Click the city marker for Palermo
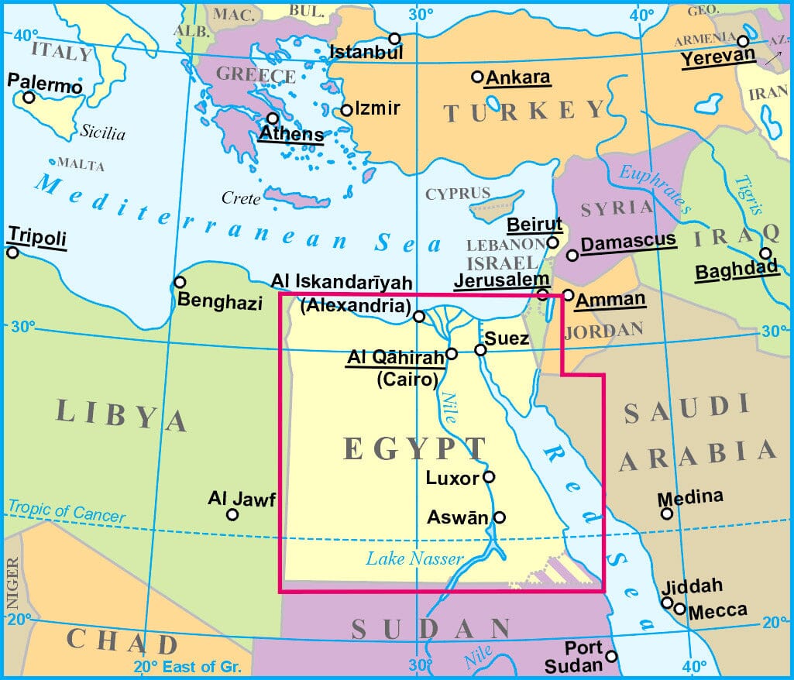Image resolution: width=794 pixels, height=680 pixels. coord(29,97)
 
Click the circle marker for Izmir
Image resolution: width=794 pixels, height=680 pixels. coord(346,110)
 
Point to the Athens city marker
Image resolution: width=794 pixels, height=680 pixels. coord(273,118)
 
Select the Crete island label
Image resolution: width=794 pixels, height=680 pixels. coord(241,199)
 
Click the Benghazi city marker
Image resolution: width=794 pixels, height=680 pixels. coord(180,282)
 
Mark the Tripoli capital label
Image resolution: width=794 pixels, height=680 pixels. coord(36,236)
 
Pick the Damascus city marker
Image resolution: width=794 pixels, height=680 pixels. coord(572,255)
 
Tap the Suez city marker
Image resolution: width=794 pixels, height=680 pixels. coord(480,350)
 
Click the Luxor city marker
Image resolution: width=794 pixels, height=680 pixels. coord(489,476)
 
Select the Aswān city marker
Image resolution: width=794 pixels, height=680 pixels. coord(500,517)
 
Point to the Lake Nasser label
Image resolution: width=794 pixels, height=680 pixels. coord(414,558)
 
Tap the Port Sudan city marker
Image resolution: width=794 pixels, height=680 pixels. coord(611,657)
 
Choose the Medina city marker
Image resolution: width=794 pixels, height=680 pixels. coord(666,513)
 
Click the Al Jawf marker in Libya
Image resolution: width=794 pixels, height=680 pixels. coord(232,514)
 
